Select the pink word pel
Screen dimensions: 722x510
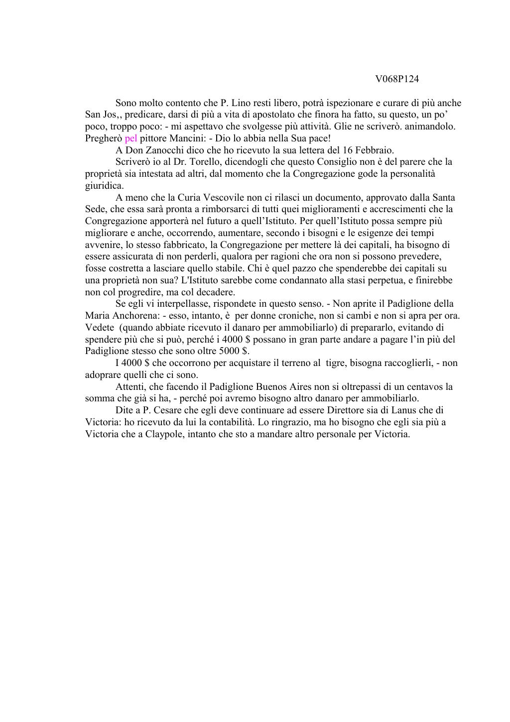[x=130, y=138]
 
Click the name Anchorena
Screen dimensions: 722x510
[x=135, y=316]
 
